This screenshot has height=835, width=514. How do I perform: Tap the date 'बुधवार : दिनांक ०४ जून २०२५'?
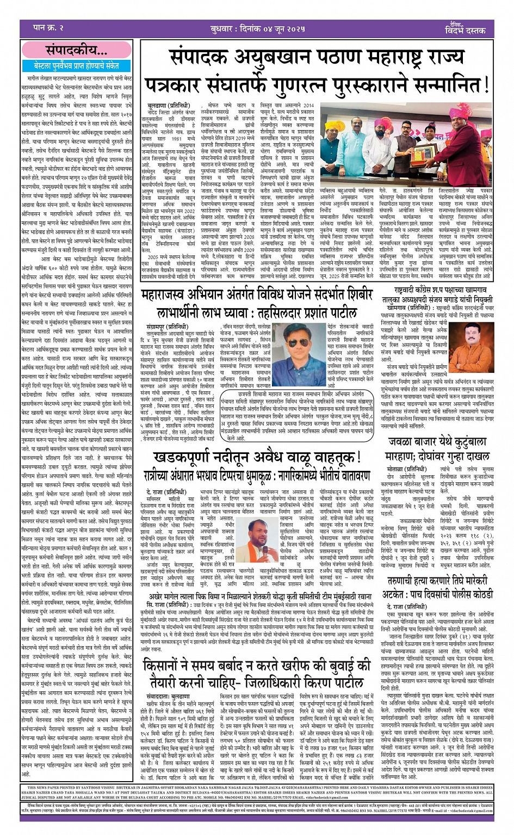pyautogui.click(x=258, y=28)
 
